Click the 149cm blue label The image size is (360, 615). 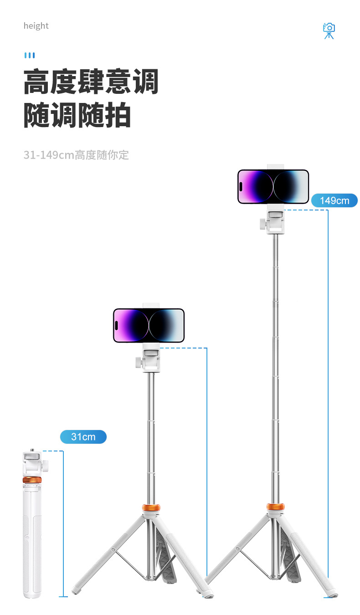tap(334, 200)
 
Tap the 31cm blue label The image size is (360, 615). tap(83, 437)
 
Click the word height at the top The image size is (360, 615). tap(36, 26)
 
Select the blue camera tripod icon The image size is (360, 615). tap(329, 31)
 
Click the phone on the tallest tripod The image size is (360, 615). tap(273, 187)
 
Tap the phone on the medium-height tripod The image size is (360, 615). tap(149, 325)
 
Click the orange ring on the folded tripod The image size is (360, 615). tap(32, 480)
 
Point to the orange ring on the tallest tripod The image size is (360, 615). tap(275, 507)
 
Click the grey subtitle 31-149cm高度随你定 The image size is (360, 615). tap(76, 155)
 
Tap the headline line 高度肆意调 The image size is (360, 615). tap(91, 82)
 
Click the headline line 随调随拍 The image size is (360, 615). tap(77, 116)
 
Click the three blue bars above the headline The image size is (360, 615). tap(30, 56)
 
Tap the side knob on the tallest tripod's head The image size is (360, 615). tap(262, 224)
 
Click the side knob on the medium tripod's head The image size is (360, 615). tap(138, 363)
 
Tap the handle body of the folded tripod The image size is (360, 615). tap(32, 542)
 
